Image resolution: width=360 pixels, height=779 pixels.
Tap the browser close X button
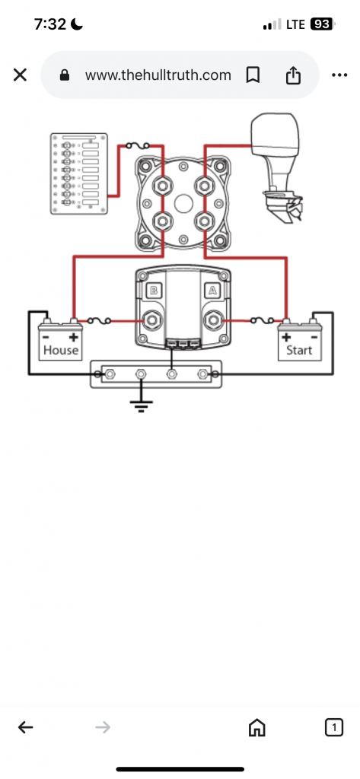point(20,75)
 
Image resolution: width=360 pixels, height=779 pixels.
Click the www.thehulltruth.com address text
point(158,75)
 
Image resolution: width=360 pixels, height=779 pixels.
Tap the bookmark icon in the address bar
point(253,75)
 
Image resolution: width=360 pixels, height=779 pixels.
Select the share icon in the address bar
point(293,75)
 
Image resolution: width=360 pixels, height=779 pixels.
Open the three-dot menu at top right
point(339,75)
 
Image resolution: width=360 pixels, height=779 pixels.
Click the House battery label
point(61,350)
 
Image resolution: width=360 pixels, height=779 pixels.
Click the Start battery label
point(299,350)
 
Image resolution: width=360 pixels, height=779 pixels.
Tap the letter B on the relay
point(154,291)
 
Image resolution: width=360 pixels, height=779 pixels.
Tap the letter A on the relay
point(213,291)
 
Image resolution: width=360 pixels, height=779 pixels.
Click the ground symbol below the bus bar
point(142,406)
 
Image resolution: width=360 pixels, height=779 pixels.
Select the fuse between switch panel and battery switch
point(138,145)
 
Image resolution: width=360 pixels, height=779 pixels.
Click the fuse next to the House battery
point(99,321)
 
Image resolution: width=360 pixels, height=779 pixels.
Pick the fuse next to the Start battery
point(262,321)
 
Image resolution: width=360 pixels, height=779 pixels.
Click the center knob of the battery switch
point(183,204)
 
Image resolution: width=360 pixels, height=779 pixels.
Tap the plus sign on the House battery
point(73,338)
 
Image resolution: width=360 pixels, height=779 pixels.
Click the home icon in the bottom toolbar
point(256,728)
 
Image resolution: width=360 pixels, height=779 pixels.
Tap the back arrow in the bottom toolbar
point(25,727)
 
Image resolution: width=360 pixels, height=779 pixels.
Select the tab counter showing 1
point(334,727)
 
